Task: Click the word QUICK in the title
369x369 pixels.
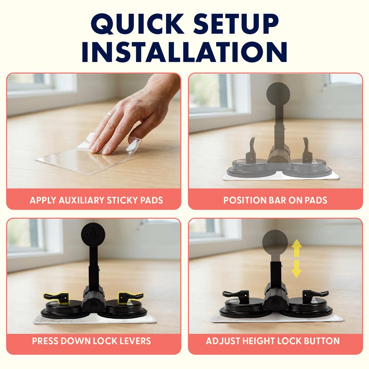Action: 137,24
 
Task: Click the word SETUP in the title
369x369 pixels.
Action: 236,24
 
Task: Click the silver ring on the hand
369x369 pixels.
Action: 110,115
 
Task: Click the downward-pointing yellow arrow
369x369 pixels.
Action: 297,269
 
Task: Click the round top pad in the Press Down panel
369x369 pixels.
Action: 93,235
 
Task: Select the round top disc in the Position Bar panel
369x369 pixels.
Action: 278,94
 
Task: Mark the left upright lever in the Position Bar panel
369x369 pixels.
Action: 251,151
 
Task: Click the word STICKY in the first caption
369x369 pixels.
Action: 122,200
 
